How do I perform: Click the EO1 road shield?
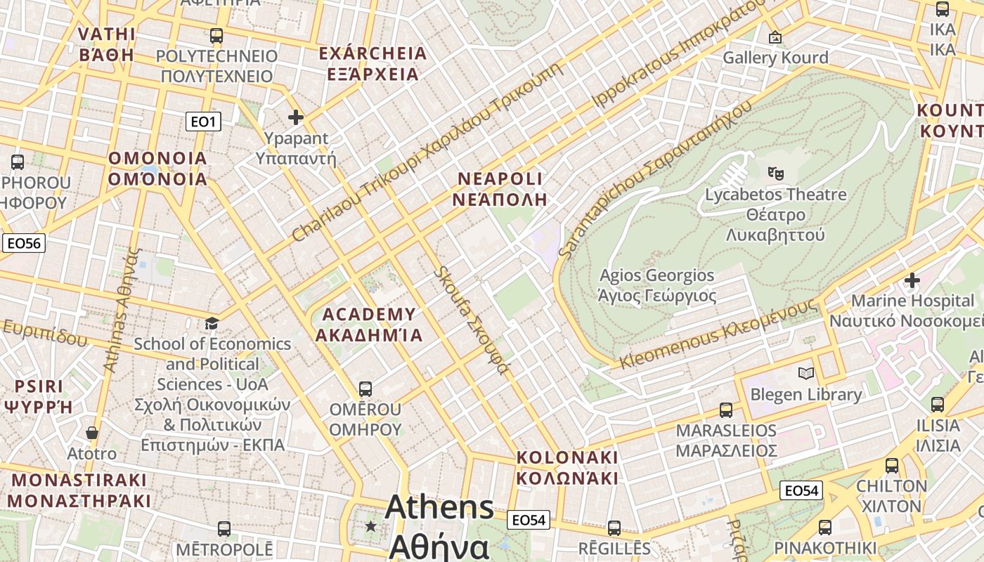point(203,122)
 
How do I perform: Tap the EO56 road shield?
point(23,244)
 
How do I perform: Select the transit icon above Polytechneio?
point(216,35)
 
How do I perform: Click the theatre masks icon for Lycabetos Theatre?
point(776,172)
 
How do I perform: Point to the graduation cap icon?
point(212,323)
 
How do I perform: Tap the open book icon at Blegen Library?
point(806,373)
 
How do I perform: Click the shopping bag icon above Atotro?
point(91,433)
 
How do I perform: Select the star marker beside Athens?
point(370,526)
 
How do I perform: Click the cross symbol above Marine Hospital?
point(912,280)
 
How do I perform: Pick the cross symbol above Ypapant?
point(296,117)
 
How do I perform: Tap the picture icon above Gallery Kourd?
point(775,37)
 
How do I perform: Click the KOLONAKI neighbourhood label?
point(567,468)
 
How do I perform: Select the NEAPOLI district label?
point(500,188)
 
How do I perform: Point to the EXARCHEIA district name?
point(373,63)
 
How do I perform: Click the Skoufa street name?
point(471,320)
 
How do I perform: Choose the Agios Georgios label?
point(656,285)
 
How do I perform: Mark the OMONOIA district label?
point(157,168)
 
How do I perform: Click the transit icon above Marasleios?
point(726,410)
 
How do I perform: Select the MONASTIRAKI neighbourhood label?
point(79,490)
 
